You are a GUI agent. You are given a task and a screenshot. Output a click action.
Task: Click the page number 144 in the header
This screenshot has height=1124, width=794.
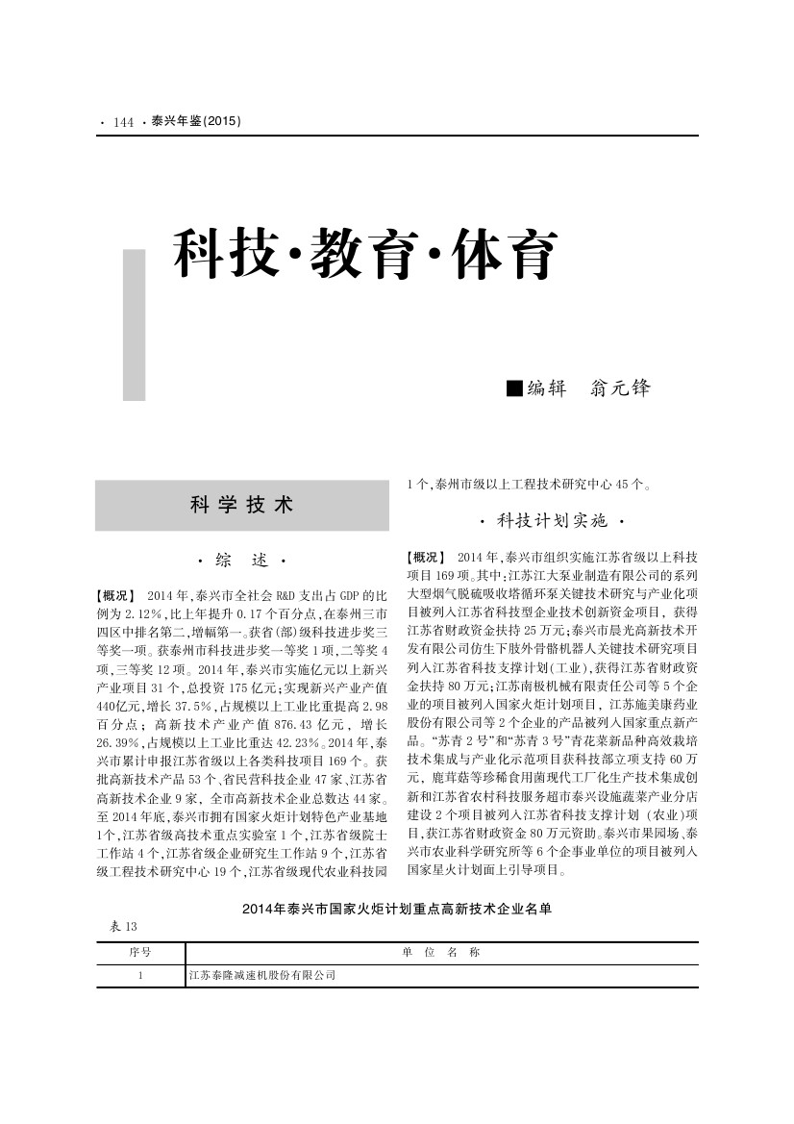(x=122, y=122)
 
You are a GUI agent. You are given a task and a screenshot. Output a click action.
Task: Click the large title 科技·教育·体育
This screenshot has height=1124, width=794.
(x=365, y=255)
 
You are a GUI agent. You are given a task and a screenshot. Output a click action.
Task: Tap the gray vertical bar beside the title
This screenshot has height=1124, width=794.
(x=135, y=325)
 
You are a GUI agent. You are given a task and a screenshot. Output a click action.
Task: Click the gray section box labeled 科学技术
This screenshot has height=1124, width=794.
(x=241, y=505)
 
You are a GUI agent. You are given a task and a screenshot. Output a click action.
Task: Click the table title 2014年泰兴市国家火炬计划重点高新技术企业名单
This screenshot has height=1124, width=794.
(x=396, y=907)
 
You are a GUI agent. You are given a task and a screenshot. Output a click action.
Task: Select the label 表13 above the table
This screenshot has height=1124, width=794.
(x=124, y=927)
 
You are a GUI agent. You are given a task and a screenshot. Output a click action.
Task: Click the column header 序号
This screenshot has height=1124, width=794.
(x=140, y=952)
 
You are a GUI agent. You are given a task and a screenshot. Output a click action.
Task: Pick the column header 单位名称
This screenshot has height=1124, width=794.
(x=440, y=952)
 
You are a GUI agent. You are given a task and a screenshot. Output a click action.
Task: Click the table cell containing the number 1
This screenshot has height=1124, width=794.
(x=140, y=975)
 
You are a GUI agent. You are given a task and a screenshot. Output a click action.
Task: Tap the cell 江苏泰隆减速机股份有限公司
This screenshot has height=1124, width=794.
(x=261, y=975)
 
